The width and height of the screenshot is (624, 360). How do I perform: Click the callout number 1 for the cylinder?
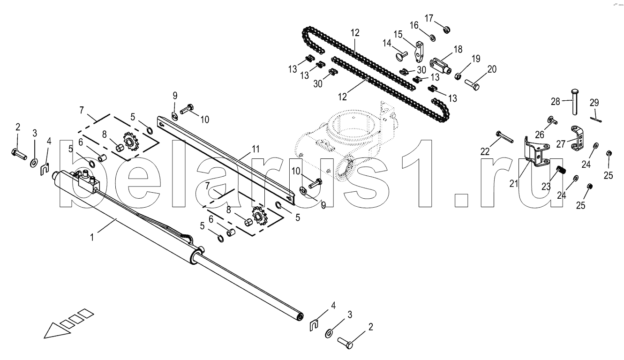(92, 237)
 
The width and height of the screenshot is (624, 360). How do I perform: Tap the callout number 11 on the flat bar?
(255, 150)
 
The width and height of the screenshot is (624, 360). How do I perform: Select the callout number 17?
(429, 18)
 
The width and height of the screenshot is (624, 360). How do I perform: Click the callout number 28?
(555, 102)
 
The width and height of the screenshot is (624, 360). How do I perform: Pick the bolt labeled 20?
(473, 84)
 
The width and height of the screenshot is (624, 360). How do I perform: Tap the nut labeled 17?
(446, 30)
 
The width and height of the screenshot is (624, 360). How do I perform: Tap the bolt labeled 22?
(504, 137)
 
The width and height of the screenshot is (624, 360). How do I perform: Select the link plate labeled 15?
(419, 51)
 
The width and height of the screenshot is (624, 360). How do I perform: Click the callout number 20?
(491, 69)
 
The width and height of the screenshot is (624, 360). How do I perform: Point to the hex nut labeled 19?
(459, 75)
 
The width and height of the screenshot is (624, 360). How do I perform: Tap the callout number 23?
(546, 186)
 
